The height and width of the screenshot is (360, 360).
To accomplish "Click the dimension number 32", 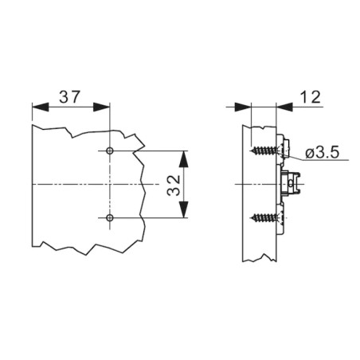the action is click(174, 185).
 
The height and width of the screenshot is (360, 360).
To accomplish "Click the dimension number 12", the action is click(311, 97).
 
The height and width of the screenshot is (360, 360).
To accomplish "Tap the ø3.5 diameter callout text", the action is click(322, 153).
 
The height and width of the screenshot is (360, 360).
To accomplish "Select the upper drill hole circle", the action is click(109, 151).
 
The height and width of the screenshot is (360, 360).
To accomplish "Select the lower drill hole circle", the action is click(109, 218).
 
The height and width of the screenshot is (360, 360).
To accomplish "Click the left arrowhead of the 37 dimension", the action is click(41, 107).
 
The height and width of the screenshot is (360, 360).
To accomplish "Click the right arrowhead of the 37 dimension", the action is click(101, 107).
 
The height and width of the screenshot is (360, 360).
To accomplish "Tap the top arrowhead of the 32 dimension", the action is click(184, 159).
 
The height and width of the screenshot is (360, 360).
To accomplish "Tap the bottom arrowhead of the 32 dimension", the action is click(184, 209).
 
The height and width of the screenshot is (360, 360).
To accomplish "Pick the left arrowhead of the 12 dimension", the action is click(243, 107).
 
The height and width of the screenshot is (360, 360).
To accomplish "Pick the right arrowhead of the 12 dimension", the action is click(284, 107).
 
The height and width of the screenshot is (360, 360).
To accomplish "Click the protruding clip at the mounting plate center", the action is click(291, 184).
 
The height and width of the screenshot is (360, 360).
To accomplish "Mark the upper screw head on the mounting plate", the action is click(283, 151).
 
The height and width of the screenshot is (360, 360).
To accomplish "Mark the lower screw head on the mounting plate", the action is click(282, 218).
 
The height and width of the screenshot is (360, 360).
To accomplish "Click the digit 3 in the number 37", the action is click(64, 96).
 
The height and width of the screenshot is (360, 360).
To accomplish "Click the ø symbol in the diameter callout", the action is click(309, 154).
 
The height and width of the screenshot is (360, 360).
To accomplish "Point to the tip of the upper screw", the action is click(251, 151).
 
